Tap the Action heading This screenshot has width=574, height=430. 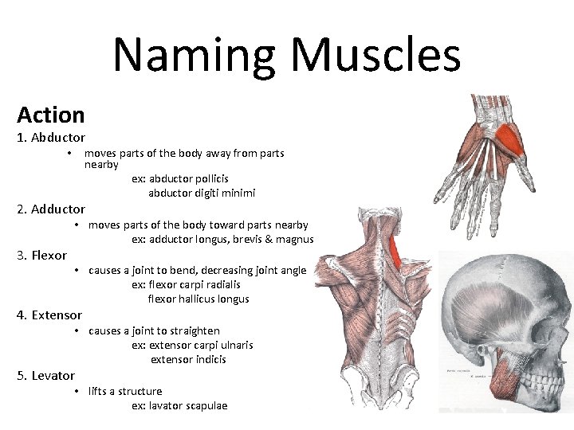[50, 115]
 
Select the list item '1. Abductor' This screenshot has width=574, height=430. [51, 138]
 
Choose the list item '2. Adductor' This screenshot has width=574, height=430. [51, 209]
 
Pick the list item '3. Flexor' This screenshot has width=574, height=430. [42, 256]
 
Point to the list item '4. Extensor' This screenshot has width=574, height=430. [49, 315]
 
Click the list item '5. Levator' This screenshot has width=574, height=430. [46, 376]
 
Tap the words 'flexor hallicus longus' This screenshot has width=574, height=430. [199, 299]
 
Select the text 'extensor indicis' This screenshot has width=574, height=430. [188, 360]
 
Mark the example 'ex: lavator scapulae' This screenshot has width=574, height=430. [179, 406]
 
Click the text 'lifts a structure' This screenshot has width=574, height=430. [125, 392]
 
